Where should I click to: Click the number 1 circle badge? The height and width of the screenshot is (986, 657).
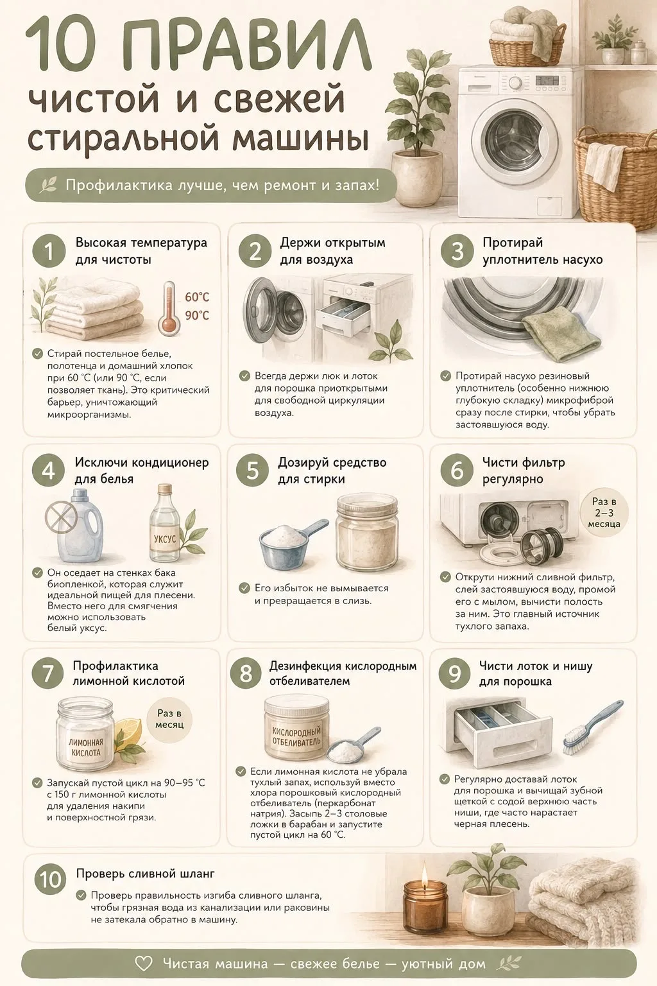pyautogui.click(x=49, y=252)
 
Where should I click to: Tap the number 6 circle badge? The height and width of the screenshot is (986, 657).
pyautogui.click(x=457, y=470)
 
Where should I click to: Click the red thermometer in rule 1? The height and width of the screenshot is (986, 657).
pyautogui.click(x=168, y=308)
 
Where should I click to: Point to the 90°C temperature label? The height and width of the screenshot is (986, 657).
pyautogui.click(x=197, y=315)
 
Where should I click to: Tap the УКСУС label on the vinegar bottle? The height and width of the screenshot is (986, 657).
pyautogui.click(x=165, y=539)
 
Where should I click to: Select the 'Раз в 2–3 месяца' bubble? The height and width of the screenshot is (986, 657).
pyautogui.click(x=603, y=512)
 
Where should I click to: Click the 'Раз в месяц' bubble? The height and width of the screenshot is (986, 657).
pyautogui.click(x=169, y=719)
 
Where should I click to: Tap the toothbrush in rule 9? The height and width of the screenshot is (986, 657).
pyautogui.click(x=592, y=727)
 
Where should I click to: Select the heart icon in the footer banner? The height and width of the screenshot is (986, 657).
pyautogui.click(x=144, y=964)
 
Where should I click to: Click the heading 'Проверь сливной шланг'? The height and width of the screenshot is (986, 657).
pyautogui.click(x=145, y=873)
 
